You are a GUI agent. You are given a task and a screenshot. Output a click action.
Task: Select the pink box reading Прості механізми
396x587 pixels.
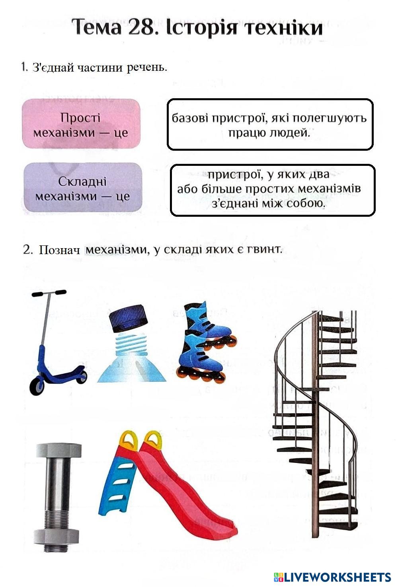81,124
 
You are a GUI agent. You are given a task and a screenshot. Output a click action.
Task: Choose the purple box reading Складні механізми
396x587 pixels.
82,188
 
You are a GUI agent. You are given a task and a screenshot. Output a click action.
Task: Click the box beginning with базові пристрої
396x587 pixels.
269,124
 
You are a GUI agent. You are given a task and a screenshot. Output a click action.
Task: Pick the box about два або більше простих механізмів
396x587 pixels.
272,190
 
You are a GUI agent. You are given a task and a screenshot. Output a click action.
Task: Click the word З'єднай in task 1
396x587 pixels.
53,67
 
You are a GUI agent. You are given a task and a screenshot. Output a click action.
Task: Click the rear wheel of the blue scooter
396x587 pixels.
82,376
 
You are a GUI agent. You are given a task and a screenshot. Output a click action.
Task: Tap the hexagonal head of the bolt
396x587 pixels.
59,449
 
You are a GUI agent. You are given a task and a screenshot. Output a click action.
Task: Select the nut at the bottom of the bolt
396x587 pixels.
59,536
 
